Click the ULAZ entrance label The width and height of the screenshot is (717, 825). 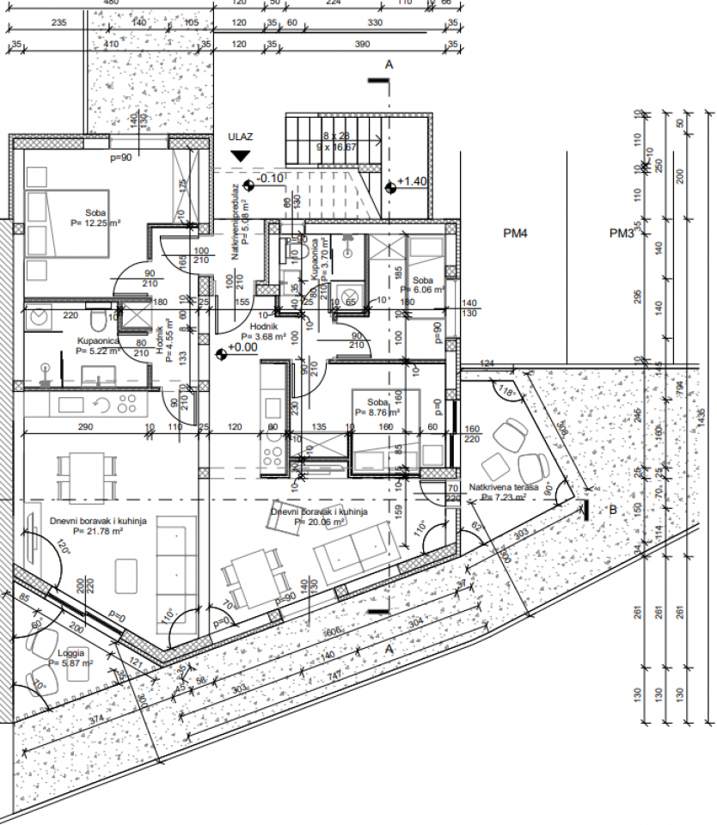[240, 137]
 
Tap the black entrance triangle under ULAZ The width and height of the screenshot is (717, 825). [240, 156]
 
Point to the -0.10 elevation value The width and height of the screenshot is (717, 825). [271, 178]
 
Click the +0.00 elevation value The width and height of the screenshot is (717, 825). [242, 348]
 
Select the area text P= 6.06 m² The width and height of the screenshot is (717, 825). [427, 290]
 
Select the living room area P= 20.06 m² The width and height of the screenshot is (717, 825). [320, 521]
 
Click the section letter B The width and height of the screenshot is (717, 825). [613, 509]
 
